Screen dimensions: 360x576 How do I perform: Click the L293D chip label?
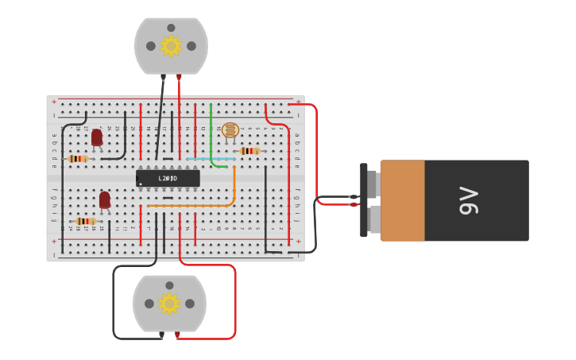click(x=167, y=178)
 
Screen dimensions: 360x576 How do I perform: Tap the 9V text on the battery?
click(x=469, y=200)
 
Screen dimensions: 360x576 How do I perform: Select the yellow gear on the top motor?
click(x=171, y=46)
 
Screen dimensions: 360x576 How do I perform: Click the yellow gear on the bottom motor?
click(x=168, y=304)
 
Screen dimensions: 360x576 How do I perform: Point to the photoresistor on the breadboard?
click(x=230, y=130)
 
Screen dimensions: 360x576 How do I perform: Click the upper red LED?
click(x=97, y=137)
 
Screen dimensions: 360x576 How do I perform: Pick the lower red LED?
click(x=105, y=199)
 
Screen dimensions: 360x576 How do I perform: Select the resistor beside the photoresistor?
click(x=249, y=151)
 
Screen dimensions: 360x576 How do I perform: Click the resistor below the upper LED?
click(x=77, y=159)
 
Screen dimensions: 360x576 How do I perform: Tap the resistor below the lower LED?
click(x=85, y=221)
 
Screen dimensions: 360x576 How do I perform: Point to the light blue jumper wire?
click(x=211, y=159)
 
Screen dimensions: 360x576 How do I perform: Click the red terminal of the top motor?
click(x=179, y=77)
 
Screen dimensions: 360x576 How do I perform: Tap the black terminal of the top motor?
click(x=163, y=77)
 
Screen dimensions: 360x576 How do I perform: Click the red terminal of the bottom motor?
click(x=177, y=335)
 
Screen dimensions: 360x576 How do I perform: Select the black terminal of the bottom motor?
click(x=161, y=335)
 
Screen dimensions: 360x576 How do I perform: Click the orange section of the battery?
click(x=402, y=200)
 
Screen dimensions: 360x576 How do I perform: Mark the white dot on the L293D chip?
click(x=141, y=184)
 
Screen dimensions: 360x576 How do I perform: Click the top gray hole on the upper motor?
click(x=171, y=28)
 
